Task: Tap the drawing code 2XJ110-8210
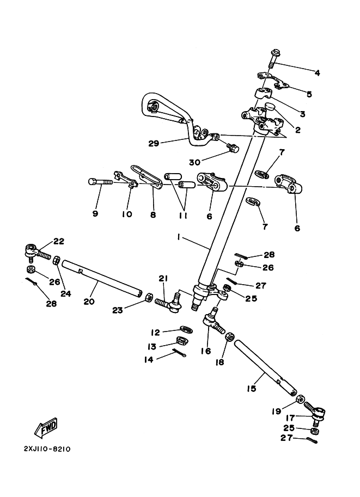[47, 450]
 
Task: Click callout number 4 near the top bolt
[316, 72]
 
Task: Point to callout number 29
[154, 144]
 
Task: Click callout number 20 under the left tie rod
[89, 301]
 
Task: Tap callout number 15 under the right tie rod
[251, 389]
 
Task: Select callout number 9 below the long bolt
[95, 214]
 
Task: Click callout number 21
[162, 279]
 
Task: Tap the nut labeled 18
[230, 337]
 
